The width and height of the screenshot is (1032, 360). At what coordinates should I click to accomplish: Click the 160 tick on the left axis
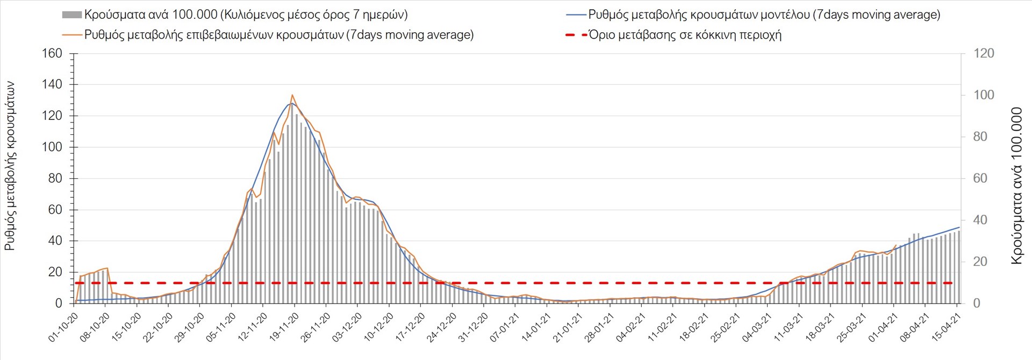[52, 54]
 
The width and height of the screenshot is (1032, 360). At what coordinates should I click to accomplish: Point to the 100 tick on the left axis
[52, 147]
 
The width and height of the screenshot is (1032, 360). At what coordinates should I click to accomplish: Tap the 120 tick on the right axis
[984, 54]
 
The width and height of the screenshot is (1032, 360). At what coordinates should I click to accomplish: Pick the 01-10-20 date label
[63, 328]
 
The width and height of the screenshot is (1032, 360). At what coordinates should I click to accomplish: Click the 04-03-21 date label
[757, 328]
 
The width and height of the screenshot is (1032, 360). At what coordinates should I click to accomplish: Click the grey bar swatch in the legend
[71, 15]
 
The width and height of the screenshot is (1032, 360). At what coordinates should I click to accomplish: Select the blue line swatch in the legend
[576, 15]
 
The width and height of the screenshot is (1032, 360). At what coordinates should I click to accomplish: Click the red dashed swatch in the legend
[576, 35]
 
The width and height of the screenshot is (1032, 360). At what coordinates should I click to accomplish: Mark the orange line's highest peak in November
[292, 95]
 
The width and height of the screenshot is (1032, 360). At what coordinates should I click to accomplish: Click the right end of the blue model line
[959, 227]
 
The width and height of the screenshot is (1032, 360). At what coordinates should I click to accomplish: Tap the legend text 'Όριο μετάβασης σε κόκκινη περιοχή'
[685, 35]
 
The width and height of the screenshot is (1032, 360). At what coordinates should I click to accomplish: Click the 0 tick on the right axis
[977, 304]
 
